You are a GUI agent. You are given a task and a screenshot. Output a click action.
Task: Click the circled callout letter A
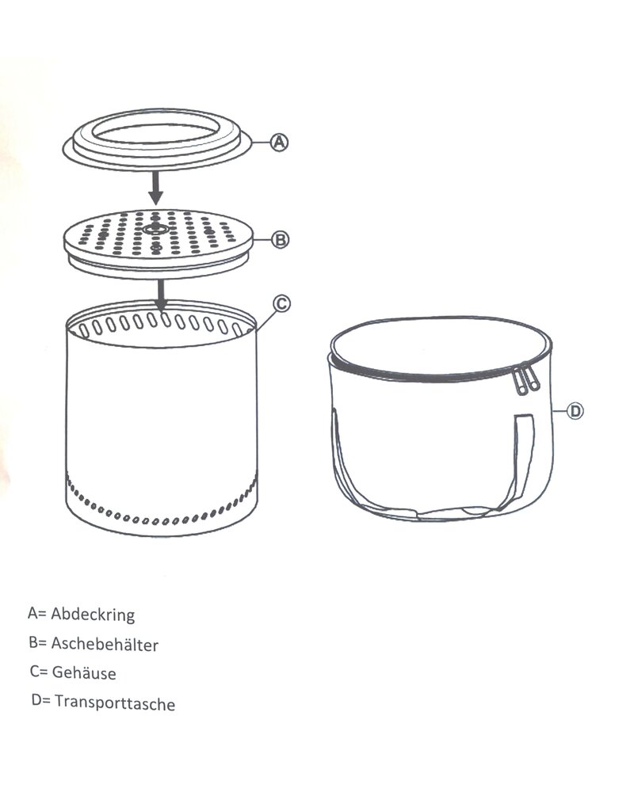point(278,143)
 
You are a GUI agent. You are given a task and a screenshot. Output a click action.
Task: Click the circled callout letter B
point(278,240)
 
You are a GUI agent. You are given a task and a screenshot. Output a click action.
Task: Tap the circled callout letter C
point(281,303)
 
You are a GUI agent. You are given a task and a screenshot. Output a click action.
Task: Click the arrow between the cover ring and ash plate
point(157,186)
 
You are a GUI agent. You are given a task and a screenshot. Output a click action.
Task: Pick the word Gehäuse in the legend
point(86,673)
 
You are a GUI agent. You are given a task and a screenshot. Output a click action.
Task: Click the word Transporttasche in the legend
point(115,702)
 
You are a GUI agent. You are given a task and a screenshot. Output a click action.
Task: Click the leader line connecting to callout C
point(265,316)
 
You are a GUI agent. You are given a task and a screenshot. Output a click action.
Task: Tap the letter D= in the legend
point(40,701)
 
